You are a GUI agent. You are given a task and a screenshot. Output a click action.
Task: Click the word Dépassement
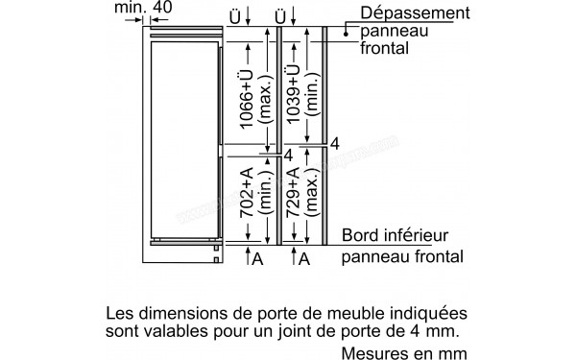pyautogui.click(x=415, y=13)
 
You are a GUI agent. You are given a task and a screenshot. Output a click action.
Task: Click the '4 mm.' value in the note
pyautogui.click(x=438, y=330)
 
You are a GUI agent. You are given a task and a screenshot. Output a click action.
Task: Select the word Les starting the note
pyautogui.click(x=121, y=313)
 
